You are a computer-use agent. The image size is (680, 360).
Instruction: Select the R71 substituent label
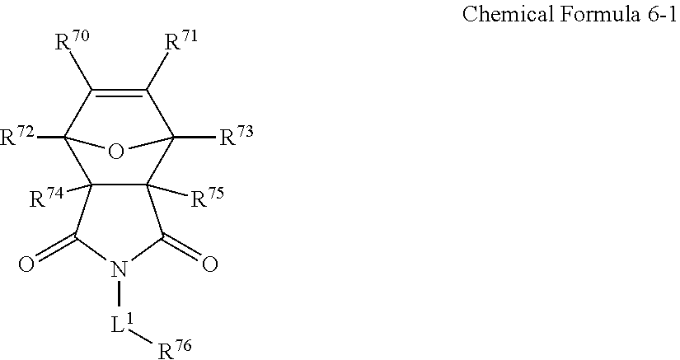(180, 43)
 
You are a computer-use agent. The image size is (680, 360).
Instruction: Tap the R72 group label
(18, 138)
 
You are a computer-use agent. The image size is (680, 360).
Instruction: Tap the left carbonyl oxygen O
(26, 264)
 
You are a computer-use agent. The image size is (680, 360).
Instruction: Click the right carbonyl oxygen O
(209, 264)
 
